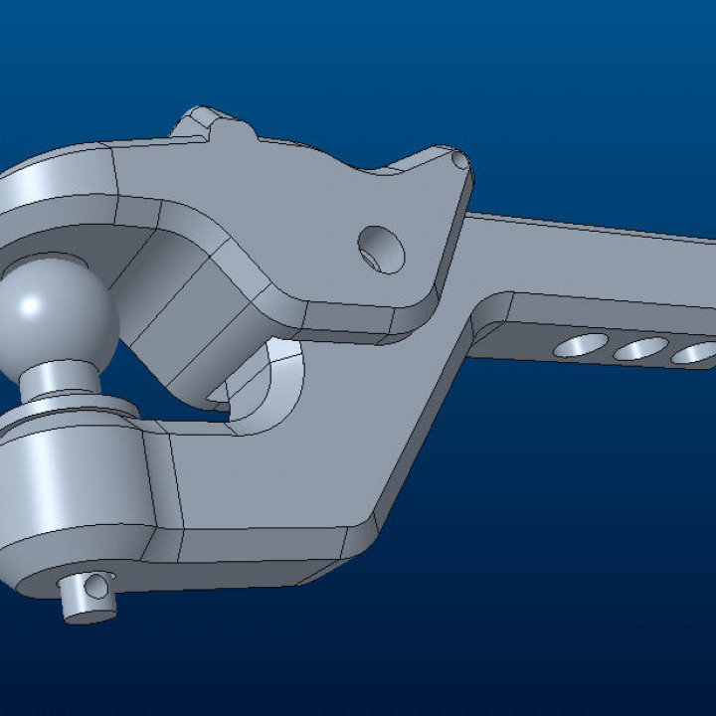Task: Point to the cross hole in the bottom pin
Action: click(x=96, y=588)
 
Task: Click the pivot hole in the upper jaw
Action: click(x=382, y=249)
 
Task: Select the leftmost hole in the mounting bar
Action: click(x=583, y=345)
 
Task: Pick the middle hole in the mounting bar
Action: click(x=640, y=349)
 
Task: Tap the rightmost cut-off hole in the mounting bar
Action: click(x=695, y=353)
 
